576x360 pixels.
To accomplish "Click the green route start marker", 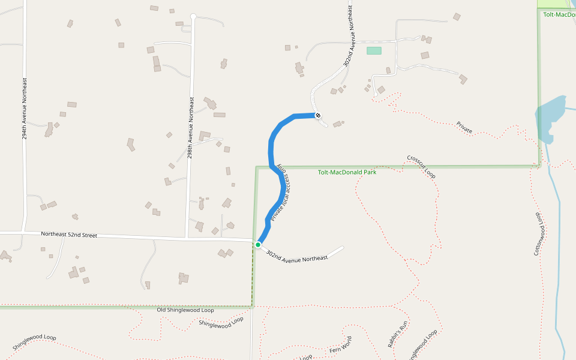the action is click(x=258, y=244).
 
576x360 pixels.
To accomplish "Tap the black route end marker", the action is click(x=318, y=115).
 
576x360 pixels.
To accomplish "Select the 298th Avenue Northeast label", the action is click(x=190, y=128).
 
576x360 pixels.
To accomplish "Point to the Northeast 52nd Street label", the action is click(x=69, y=235).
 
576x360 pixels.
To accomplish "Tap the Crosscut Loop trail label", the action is click(x=421, y=167).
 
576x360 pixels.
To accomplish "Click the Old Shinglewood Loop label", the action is click(x=185, y=310).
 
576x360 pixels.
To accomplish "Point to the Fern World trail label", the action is click(x=340, y=345).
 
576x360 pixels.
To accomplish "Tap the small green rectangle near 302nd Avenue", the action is click(x=374, y=51).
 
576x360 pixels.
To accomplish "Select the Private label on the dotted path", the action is click(x=464, y=127).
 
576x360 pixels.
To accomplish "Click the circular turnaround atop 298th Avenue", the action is click(x=193, y=16).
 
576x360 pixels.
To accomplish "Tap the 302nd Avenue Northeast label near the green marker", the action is click(x=297, y=255).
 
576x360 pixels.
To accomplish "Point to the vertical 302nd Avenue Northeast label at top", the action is click(x=349, y=36).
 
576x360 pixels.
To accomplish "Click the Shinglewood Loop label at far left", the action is click(x=34, y=343).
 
